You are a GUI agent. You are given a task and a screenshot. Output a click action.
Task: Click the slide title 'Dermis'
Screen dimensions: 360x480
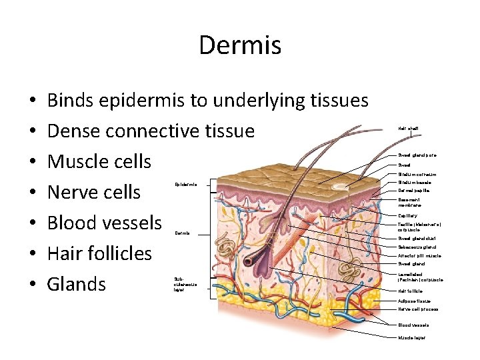(240, 45)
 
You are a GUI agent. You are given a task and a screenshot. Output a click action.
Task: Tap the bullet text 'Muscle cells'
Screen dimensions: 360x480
(99, 161)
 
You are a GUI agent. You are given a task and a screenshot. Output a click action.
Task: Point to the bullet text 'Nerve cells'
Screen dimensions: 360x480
(94, 192)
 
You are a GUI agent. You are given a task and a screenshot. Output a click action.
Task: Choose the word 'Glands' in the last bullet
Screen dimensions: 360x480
(77, 284)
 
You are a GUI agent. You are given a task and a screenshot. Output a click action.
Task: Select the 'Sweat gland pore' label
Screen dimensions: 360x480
(417, 155)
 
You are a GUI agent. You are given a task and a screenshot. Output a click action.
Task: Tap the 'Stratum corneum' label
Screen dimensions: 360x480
(417, 173)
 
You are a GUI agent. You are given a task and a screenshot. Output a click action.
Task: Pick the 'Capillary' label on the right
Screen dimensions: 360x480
(408, 215)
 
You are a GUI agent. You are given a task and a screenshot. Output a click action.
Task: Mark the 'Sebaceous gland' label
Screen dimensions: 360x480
(417, 247)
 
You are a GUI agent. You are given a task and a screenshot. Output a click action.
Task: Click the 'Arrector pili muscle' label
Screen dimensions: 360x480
(419, 255)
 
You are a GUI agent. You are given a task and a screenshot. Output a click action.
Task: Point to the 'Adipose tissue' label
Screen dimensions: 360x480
(414, 301)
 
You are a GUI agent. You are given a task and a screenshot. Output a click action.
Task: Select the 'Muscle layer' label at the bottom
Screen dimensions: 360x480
(412, 338)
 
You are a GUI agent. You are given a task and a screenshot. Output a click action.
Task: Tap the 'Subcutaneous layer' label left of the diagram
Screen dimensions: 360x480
(185, 284)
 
